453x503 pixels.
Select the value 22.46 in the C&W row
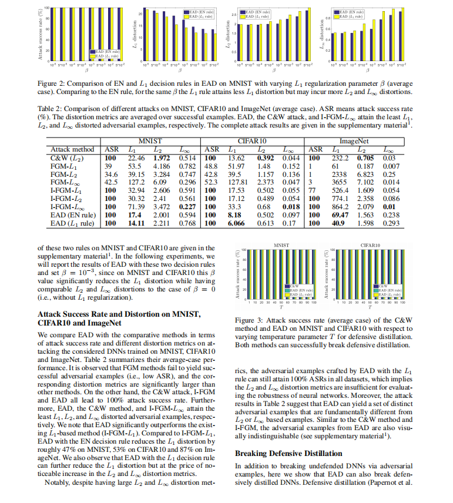pos(136,158)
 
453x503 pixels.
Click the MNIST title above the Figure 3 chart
pos(281,243)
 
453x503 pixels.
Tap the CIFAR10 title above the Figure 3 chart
pos(368,243)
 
